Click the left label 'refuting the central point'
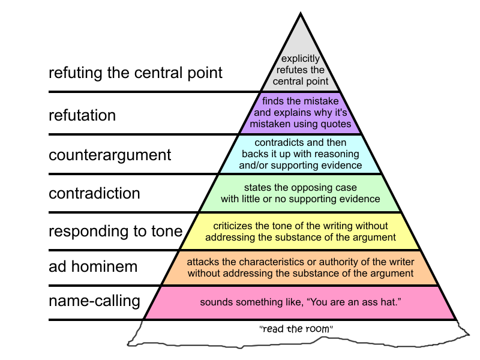(x=136, y=73)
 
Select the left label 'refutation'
(x=82, y=115)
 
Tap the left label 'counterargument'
(x=110, y=154)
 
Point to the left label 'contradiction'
(x=94, y=193)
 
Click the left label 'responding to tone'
(x=115, y=231)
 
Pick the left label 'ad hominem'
(x=93, y=266)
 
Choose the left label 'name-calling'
(x=94, y=301)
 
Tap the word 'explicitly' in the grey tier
(x=301, y=59)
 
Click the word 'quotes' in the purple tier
(x=337, y=124)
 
